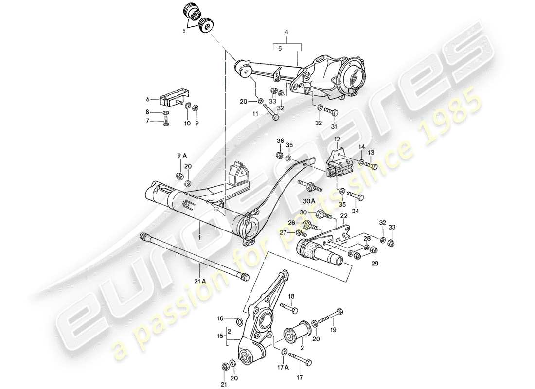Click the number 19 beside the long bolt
pyautogui.click(x=333, y=330)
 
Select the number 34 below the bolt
pyautogui.click(x=355, y=212)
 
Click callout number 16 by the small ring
pyautogui.click(x=220, y=319)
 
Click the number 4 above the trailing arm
pyautogui.click(x=286, y=33)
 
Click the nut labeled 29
pyautogui.click(x=374, y=250)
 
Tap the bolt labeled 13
pyautogui.click(x=372, y=166)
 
